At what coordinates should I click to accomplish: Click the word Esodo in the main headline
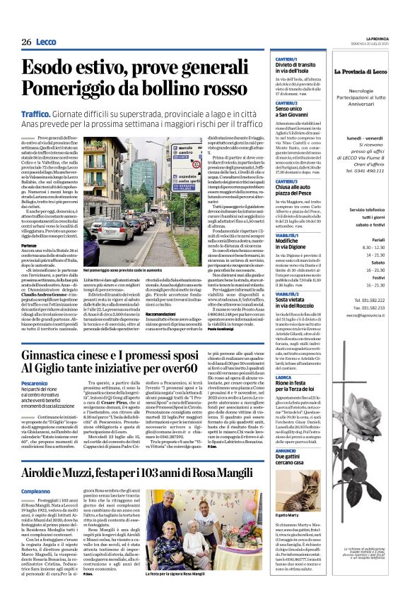coord(52,68)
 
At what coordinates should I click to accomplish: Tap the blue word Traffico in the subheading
coord(39,113)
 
